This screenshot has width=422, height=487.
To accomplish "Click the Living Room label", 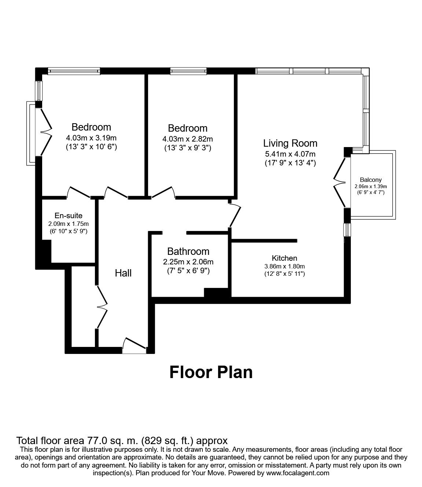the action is [290, 143].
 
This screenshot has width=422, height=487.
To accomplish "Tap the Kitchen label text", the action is [285, 258].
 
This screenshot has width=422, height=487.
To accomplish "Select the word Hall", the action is [123, 273].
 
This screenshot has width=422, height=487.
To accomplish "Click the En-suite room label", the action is [68, 215].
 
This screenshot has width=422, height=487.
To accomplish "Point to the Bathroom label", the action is [188, 252].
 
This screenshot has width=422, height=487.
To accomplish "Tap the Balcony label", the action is [371, 180].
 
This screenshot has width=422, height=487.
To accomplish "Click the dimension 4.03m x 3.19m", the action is [91, 138].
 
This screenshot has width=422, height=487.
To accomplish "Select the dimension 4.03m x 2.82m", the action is [188, 139].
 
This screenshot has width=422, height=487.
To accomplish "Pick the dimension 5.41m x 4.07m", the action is [290, 154].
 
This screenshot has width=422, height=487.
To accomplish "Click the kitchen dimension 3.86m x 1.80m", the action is [285, 266].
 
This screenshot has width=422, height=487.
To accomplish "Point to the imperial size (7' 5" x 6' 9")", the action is [188, 271].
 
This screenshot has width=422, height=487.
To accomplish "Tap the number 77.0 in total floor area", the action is [96, 440].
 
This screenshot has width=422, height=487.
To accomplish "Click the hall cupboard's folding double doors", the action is [102, 307].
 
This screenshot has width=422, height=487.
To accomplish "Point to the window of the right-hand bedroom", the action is [188, 71].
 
